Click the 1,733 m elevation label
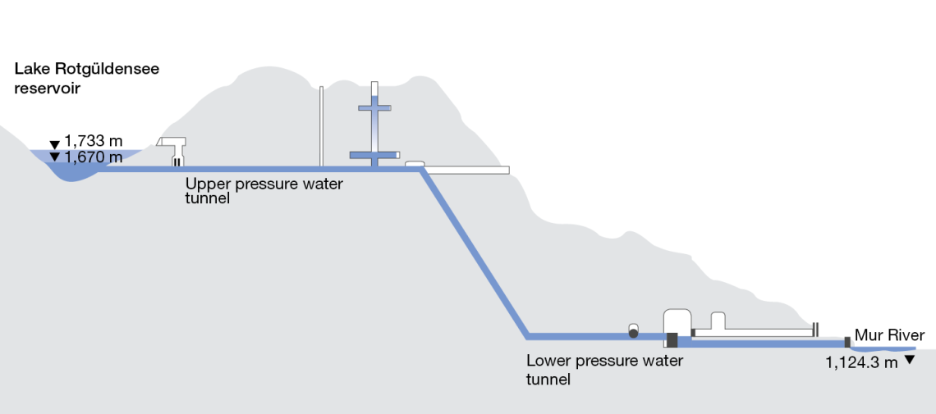point(94,142)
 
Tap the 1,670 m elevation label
point(94,157)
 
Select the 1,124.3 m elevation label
point(861,362)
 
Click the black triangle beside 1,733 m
point(55,145)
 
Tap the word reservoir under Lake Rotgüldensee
point(47,89)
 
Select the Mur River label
point(889,335)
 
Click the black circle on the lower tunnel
point(634,334)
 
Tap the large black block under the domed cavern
point(672,339)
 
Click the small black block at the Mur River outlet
point(847,341)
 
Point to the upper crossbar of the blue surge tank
point(374,107)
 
